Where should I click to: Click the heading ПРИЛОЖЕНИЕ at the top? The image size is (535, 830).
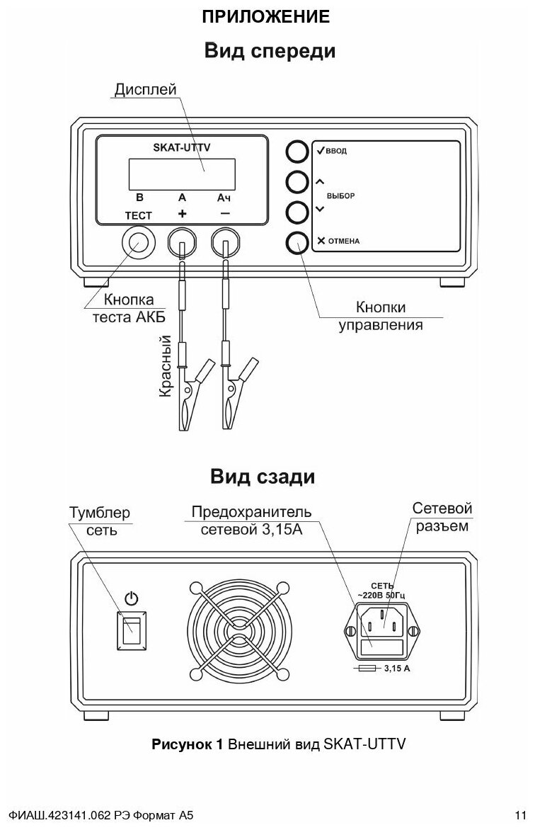click(x=266, y=16)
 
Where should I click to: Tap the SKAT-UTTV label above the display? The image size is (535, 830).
click(x=182, y=147)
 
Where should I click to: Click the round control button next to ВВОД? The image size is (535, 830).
click(x=298, y=151)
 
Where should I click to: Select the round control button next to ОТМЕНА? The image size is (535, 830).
click(x=298, y=241)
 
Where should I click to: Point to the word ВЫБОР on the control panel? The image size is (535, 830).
click(x=341, y=195)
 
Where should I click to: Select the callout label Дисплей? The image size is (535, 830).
click(x=144, y=90)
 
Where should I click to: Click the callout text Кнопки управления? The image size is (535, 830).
click(x=380, y=317)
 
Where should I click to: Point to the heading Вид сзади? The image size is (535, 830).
click(x=263, y=477)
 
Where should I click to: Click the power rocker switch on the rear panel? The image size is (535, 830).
click(x=132, y=630)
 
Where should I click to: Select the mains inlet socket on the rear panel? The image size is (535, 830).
click(x=383, y=620)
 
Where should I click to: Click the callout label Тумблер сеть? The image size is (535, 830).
click(x=100, y=521)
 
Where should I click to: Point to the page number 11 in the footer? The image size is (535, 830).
click(x=521, y=813)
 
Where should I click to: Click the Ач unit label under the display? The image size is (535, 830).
click(x=224, y=198)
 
